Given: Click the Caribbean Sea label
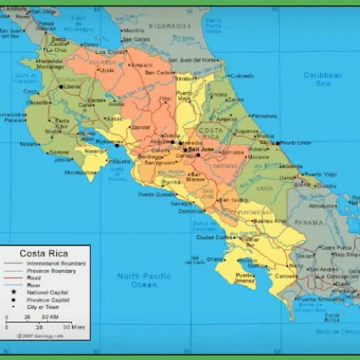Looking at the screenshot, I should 323,79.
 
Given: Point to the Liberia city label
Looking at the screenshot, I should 72,86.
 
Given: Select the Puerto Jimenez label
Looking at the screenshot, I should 245,279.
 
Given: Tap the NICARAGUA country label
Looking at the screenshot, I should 171,26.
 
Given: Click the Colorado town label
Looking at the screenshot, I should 242,76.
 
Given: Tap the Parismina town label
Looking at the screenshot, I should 264,116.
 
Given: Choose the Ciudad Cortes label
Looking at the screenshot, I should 214,237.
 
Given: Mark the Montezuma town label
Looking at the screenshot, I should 79,173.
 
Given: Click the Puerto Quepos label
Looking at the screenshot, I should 156,194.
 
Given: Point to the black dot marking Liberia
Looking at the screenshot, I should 61,86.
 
